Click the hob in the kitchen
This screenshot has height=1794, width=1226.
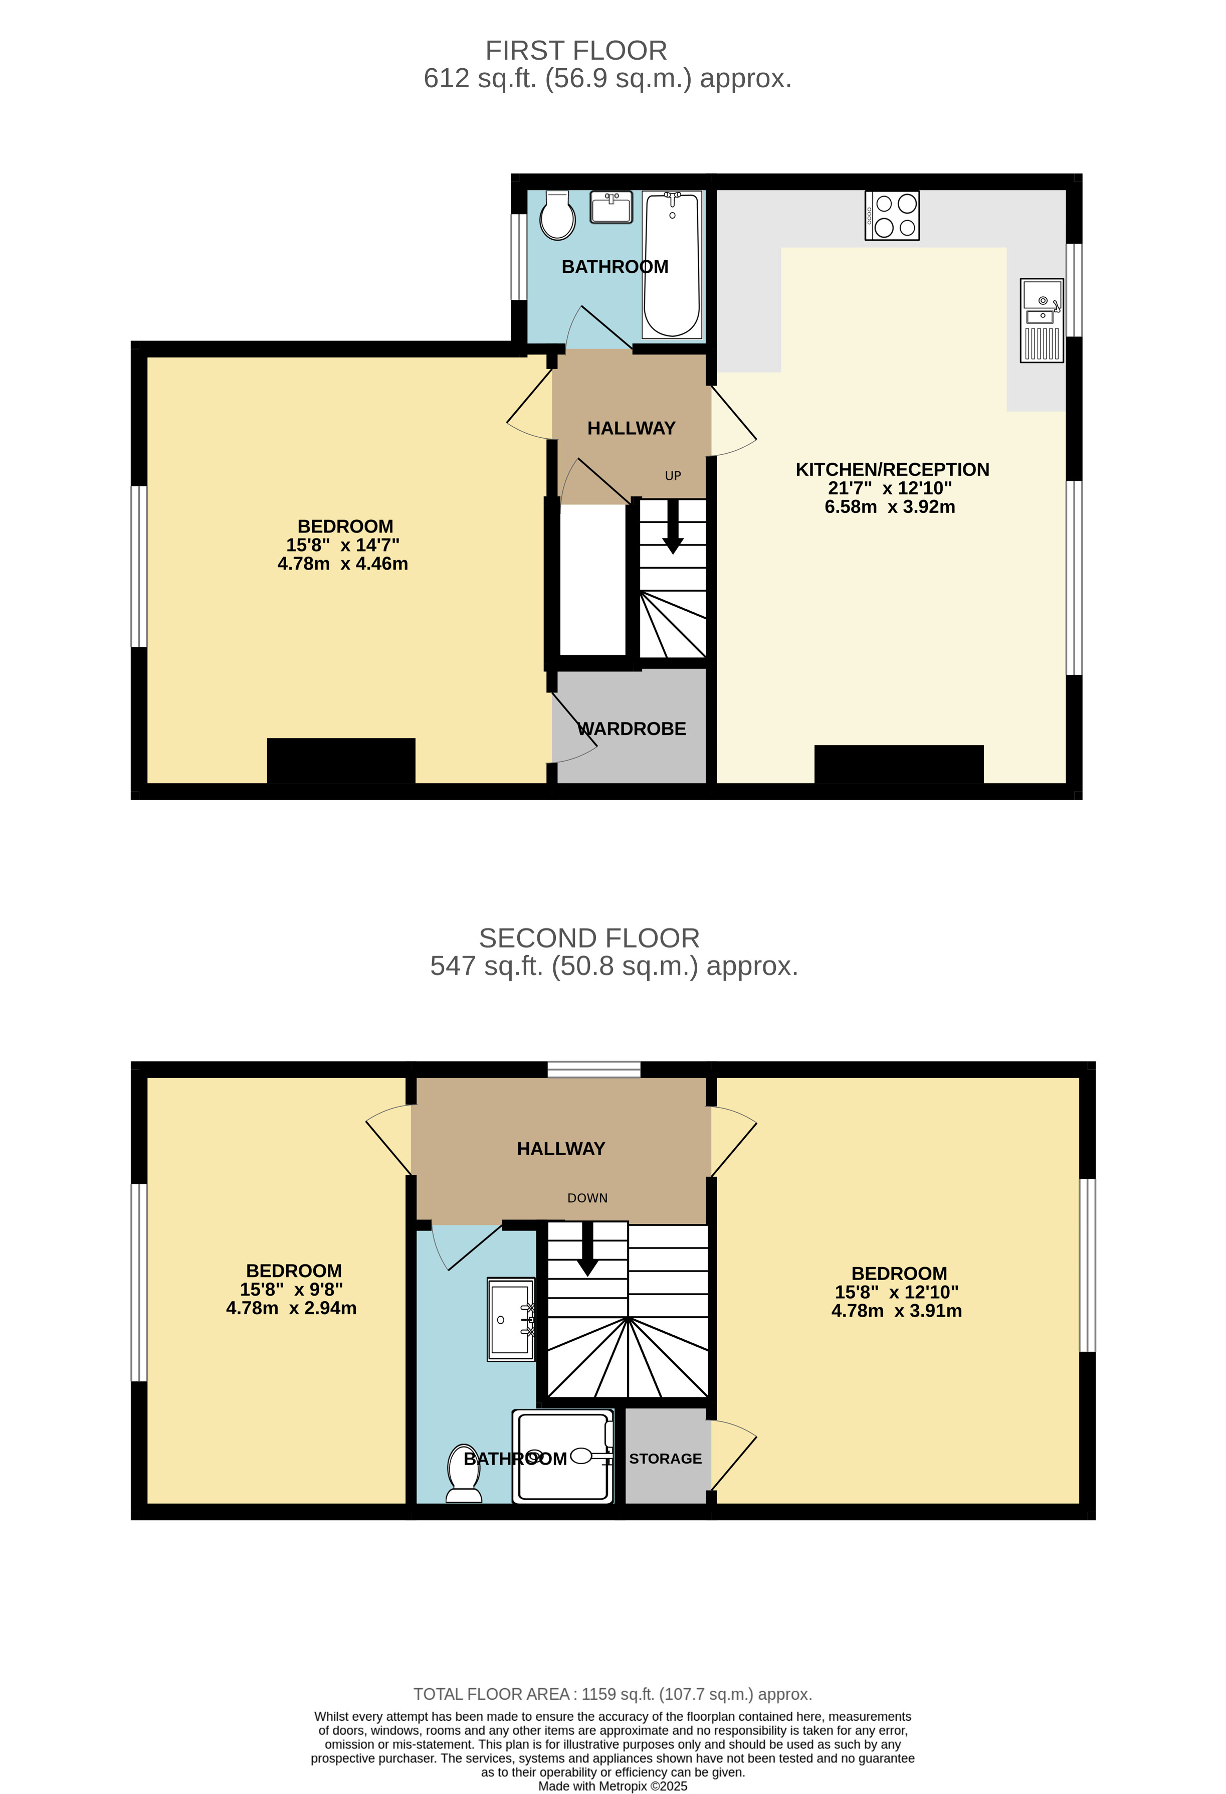coord(892,216)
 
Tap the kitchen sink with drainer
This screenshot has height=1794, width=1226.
coord(1042,320)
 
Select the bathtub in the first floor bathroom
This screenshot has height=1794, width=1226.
coord(672,265)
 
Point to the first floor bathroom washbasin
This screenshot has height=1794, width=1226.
coord(611,207)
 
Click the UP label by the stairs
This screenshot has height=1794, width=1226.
coord(673,475)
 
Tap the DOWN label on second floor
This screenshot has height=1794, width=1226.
coord(587,1198)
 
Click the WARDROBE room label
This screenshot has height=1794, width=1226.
coord(632,729)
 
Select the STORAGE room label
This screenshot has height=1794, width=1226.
coord(665,1458)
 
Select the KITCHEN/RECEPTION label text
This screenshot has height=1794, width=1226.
coord(892,469)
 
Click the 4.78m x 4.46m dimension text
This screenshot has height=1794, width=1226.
coord(342,564)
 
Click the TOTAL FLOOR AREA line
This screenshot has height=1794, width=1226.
coord(612,1694)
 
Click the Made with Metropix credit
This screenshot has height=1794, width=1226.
coord(612,1785)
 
